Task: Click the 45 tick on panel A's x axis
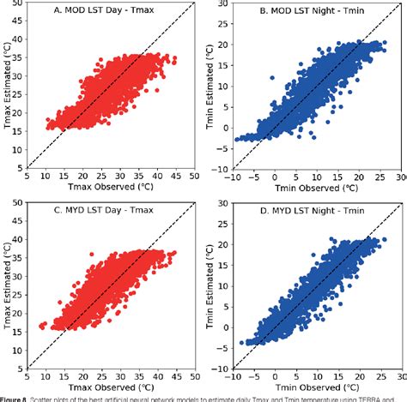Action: coord(177,177)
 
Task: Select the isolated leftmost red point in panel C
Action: coord(43,327)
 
